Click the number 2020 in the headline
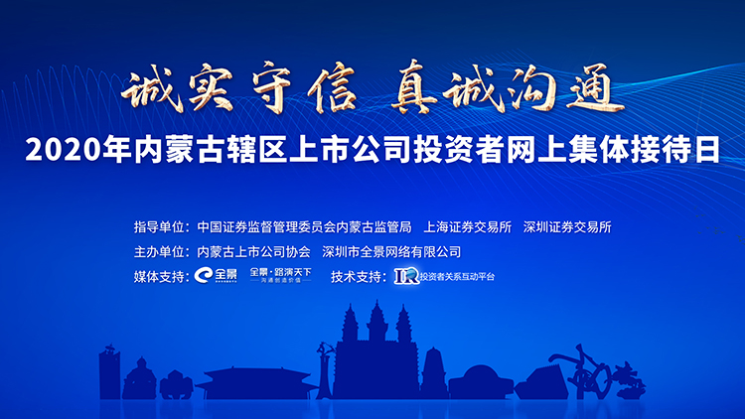click(x=59, y=152)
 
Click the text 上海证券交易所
click(x=467, y=227)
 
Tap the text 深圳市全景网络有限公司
click(x=392, y=251)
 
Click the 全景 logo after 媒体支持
click(x=217, y=275)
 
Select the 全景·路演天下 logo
click(x=279, y=275)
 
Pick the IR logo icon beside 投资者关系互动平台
click(x=405, y=275)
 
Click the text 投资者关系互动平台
click(x=456, y=276)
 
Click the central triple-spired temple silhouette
click(x=375, y=348)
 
